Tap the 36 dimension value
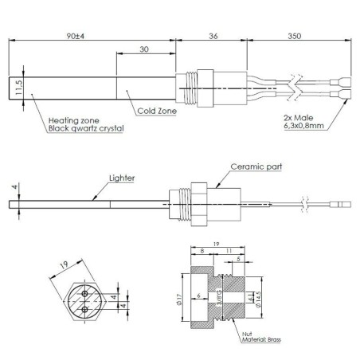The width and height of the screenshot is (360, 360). (x=213, y=35)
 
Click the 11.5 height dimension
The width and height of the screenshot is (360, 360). (x=18, y=85)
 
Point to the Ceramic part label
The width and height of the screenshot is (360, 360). (x=256, y=167)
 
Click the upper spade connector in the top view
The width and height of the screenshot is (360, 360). (x=346, y=81)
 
